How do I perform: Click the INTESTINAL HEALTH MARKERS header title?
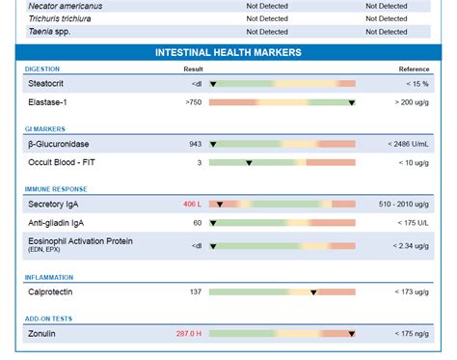[228, 52]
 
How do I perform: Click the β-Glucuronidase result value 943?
[195, 144]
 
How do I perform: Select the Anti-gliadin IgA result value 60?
[197, 223]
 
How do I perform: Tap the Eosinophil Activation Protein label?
[80, 240]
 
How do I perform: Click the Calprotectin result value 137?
[195, 291]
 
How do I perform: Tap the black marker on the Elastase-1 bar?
[351, 102]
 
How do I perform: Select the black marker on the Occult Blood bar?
[249, 162]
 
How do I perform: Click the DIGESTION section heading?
[42, 69]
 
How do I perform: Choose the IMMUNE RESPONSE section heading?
[56, 189]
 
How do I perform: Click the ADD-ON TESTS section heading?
[48, 318]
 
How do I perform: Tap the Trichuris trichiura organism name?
[63, 18]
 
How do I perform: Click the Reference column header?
[414, 69]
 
